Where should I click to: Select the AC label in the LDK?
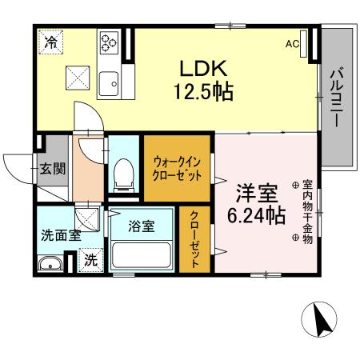(x=292, y=44)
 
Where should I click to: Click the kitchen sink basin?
(x=109, y=80)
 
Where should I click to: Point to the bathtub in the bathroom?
(x=142, y=255)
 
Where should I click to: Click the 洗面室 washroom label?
(x=61, y=236)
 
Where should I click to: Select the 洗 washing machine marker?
(x=90, y=259)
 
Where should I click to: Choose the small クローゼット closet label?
(x=194, y=239)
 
